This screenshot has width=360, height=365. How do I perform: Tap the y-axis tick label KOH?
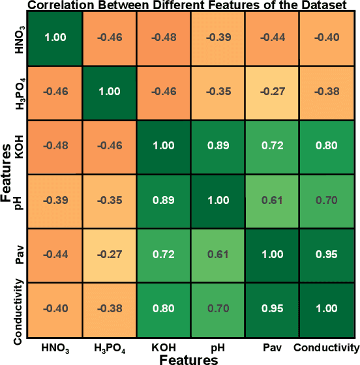[x=20, y=147]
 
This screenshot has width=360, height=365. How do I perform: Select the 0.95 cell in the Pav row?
[x=327, y=255]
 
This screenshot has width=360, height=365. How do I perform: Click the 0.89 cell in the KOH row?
[x=218, y=147]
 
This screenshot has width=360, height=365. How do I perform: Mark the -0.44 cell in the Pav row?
[x=55, y=255]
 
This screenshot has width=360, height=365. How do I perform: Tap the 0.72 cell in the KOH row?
[x=273, y=147]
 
